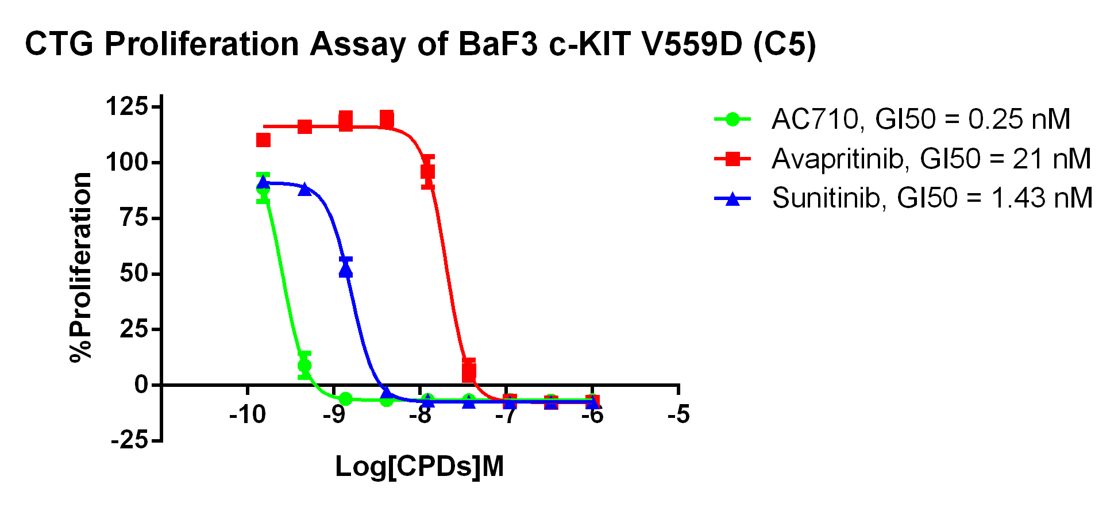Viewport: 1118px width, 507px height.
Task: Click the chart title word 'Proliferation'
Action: [202, 44]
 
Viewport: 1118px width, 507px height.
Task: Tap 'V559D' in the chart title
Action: [692, 44]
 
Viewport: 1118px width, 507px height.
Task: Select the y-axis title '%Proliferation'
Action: [81, 267]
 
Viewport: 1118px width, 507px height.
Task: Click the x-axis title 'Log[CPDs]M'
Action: [419, 467]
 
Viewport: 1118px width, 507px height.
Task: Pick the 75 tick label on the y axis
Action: [133, 218]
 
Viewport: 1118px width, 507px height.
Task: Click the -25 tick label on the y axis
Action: [129, 441]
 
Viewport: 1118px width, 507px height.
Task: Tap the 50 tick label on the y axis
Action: [133, 274]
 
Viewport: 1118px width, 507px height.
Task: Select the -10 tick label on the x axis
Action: [248, 414]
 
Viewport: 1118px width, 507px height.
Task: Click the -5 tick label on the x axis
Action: [678, 414]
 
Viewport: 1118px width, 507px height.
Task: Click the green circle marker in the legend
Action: [733, 120]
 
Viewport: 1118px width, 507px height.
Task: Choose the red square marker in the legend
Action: [733, 159]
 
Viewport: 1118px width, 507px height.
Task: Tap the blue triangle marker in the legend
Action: [733, 199]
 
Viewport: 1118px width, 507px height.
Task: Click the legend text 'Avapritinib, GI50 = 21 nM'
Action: [931, 159]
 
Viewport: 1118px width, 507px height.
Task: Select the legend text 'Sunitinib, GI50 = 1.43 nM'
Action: [932, 198]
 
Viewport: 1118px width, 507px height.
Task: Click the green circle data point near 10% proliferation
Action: [304, 366]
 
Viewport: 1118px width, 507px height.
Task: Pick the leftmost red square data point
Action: [264, 140]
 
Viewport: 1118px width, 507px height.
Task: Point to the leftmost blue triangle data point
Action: [264, 183]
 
